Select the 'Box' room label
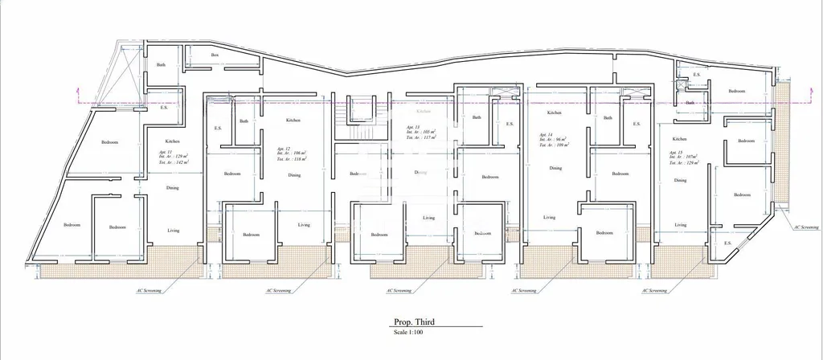click(215, 55)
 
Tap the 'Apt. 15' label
click(675, 151)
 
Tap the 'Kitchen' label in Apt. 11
click(172, 141)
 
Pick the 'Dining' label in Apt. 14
click(555, 168)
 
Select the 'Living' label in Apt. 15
click(680, 226)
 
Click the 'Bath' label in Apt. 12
click(244, 121)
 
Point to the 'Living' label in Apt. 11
click(173, 231)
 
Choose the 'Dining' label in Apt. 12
click(294, 174)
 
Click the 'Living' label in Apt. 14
click(549, 217)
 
